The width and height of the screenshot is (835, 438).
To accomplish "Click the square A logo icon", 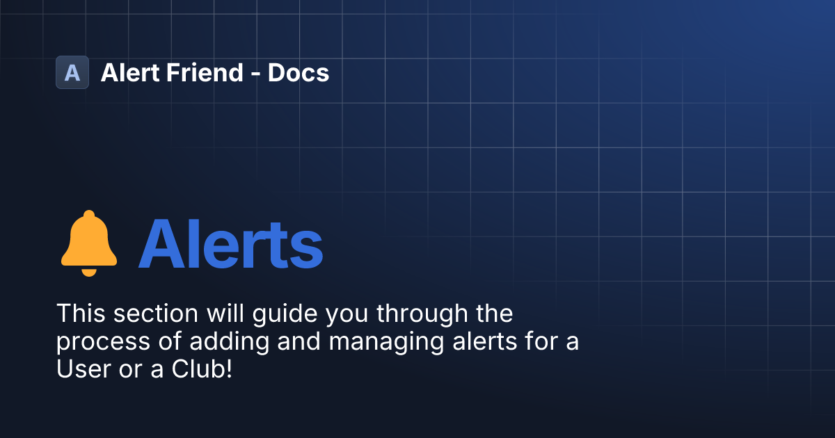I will coord(72,72).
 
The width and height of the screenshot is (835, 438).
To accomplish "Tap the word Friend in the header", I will coord(202,72).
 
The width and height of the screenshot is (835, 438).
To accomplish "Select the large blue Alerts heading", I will coord(230,244).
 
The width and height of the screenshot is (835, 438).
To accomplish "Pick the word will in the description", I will coord(221,314).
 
